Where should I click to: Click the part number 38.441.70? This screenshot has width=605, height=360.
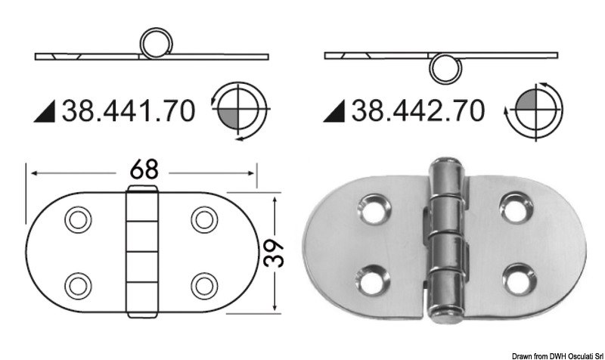(128, 111)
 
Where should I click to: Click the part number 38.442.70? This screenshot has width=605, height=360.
(415, 111)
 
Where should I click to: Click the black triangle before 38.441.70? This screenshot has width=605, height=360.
(46, 113)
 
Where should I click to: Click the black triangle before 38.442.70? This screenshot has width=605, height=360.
(334, 113)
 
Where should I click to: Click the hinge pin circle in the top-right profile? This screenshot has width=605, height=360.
(444, 67)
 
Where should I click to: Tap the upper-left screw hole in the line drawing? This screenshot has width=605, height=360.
(76, 219)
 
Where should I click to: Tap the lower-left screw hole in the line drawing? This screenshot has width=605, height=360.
(76, 284)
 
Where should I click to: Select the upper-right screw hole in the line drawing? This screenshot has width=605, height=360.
(203, 219)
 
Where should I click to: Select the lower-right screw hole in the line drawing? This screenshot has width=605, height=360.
(203, 284)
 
